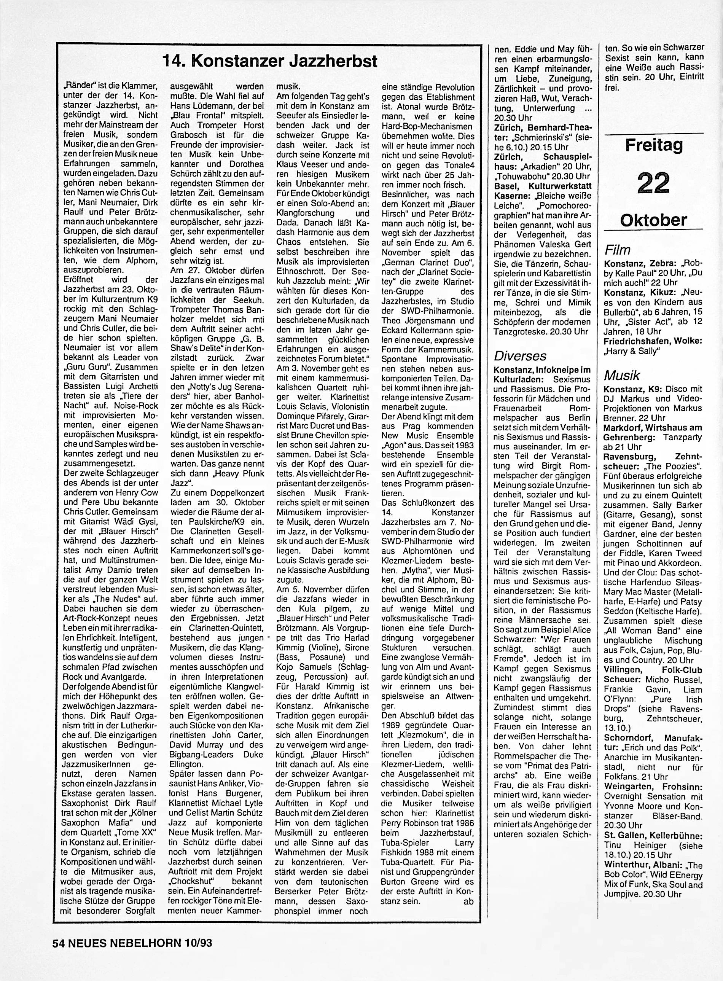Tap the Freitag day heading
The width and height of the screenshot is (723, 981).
tap(653, 145)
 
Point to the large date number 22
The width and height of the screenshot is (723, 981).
tap(653, 183)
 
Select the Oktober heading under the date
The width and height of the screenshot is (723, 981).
tap(653, 220)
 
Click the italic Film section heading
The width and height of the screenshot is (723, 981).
tap(617, 250)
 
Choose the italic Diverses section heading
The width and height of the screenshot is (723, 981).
tap(520, 356)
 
